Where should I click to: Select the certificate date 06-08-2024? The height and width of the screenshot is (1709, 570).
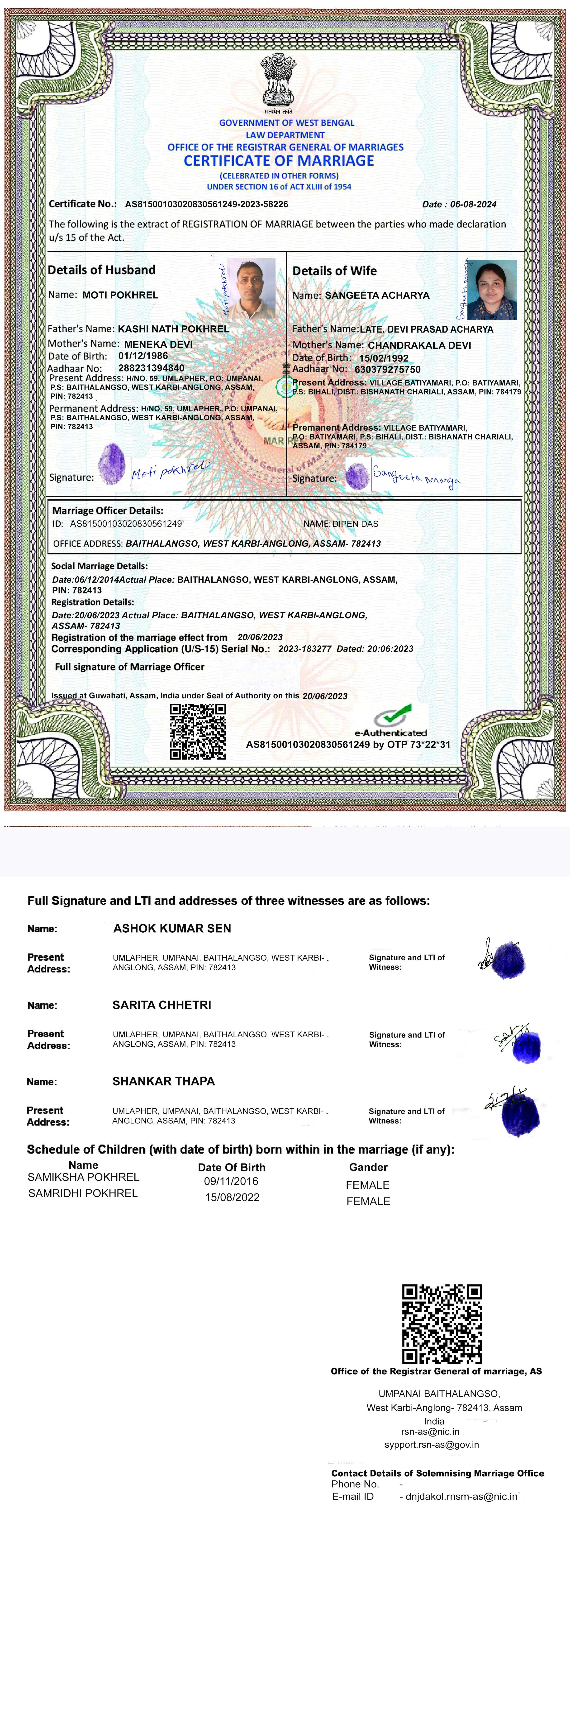(x=473, y=204)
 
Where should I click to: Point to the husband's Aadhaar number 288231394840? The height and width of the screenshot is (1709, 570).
(x=151, y=368)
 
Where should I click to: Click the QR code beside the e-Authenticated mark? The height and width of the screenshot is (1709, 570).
(x=198, y=732)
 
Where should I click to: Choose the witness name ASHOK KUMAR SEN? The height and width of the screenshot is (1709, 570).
(x=172, y=928)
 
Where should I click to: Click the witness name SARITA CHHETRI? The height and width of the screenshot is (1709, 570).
(x=162, y=1005)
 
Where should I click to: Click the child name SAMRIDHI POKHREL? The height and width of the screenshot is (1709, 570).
(x=83, y=1193)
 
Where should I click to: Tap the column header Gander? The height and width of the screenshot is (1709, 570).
(x=368, y=1167)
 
